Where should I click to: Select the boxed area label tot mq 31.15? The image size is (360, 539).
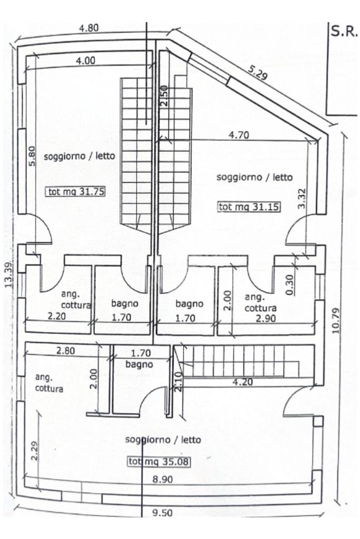pos(249,207)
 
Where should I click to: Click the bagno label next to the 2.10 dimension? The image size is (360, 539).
pos(140,364)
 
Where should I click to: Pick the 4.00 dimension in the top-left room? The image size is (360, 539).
pos(85,61)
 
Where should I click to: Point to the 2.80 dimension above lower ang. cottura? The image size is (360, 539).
pos(65,351)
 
